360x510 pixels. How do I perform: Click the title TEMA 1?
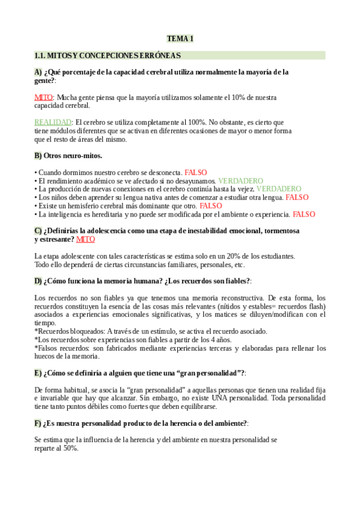pos(180,39)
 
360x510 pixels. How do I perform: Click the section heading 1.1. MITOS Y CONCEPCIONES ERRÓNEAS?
pos(108,56)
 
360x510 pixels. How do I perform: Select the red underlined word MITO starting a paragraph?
pos(44,97)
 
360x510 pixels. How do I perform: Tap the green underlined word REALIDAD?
pos(53,122)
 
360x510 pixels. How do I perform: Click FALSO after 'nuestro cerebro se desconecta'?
pos(196,172)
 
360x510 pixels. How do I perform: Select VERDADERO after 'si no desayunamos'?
pos(240,180)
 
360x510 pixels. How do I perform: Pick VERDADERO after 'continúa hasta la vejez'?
pos(279,189)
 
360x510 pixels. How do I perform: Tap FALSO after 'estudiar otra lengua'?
pos(297,197)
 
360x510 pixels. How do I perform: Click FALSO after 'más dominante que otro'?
pos(211,206)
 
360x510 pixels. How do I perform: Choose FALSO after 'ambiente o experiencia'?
pos(304,214)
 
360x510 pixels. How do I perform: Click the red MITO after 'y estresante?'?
pos(86,239)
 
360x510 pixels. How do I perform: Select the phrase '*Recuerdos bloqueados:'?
pos(70,331)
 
